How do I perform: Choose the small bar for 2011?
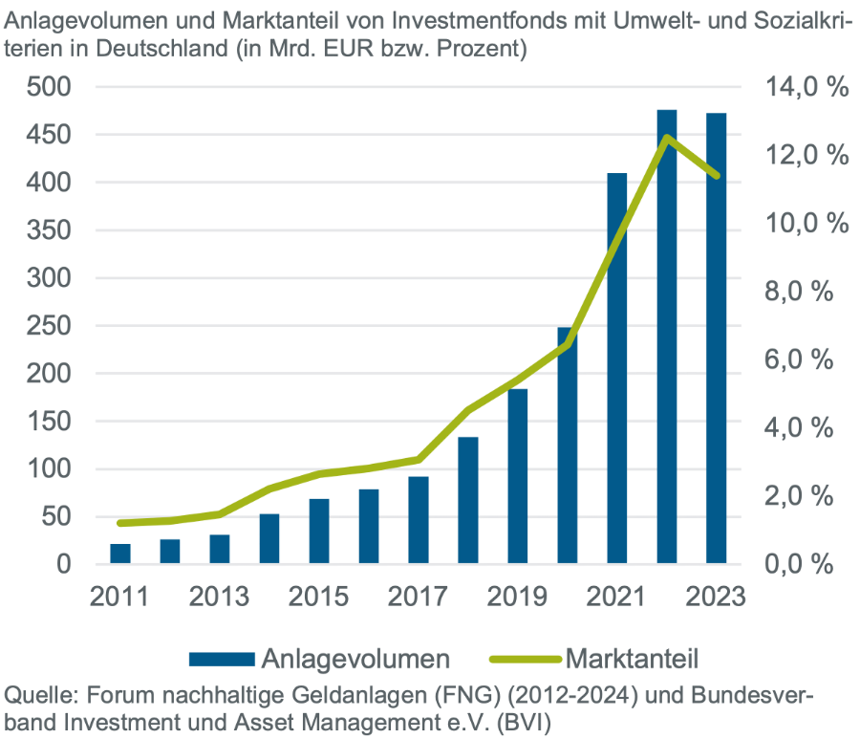(120, 554)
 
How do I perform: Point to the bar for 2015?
(319, 532)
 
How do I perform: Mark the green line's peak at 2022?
(667, 138)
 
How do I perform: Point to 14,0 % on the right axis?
(806, 87)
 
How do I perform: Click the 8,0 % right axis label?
(806, 292)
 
